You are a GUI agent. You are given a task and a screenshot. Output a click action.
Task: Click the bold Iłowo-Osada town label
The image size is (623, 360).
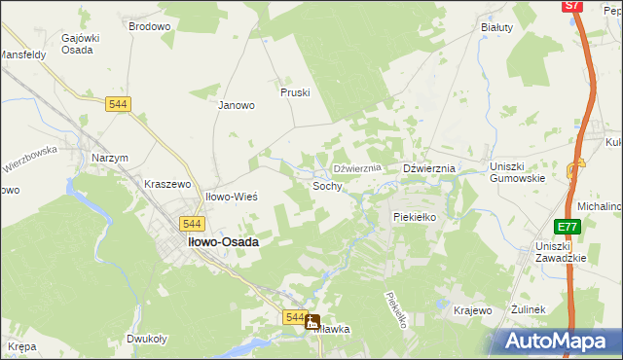223,242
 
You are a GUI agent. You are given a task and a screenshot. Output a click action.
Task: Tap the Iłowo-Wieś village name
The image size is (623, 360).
231,197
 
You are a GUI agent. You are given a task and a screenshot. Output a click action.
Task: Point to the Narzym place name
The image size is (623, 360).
109,158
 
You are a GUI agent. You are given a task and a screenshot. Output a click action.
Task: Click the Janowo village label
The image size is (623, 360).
236,105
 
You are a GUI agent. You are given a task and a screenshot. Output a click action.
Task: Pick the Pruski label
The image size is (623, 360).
294,92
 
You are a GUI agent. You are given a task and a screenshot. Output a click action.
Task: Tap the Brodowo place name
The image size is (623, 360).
149,26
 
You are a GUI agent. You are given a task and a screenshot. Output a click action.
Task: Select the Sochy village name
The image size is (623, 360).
327,185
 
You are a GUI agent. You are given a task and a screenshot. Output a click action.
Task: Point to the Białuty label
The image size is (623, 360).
496,27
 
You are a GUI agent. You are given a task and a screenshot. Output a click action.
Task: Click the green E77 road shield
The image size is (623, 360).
567,227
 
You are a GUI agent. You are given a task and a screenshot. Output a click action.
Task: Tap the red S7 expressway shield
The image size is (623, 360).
573,6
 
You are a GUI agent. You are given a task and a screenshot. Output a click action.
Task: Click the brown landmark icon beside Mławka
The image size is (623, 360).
312,321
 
